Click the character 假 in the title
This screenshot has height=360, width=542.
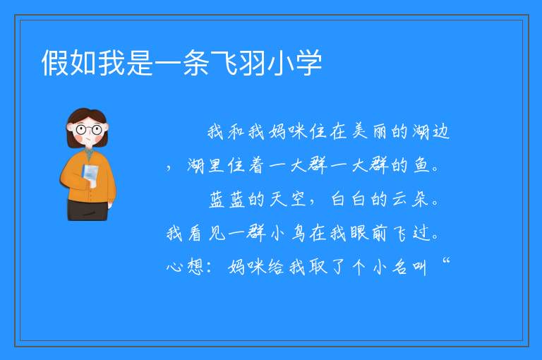(55, 63)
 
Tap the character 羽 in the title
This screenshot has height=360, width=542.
(252, 63)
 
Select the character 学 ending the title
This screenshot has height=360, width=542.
(308, 63)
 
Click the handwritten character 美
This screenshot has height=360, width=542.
(359, 131)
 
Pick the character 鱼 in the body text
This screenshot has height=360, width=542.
(421, 165)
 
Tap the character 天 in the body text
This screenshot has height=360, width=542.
(278, 199)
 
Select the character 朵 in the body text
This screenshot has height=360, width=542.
(421, 199)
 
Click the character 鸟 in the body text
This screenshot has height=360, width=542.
(298, 233)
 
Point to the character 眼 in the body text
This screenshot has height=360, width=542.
(359, 233)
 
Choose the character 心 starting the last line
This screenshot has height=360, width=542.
(175, 267)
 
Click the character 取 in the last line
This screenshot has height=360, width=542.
(318, 267)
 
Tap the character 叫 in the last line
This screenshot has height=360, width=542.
(419, 268)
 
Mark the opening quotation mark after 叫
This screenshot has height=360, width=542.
(446, 260)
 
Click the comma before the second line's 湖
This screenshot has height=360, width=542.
(169, 167)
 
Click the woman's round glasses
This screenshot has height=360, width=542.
(89, 130)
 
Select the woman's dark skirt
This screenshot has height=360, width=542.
(88, 210)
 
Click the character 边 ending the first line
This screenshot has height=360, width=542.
(440, 131)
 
